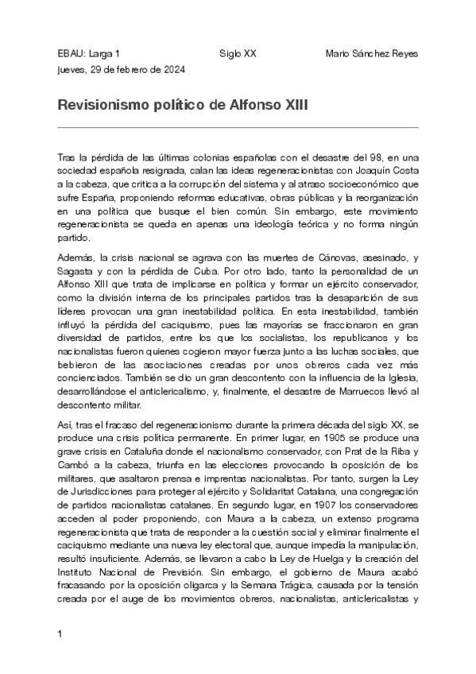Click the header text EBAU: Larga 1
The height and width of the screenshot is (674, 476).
pyautogui.click(x=89, y=53)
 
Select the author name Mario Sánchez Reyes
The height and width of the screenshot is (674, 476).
pyautogui.click(x=372, y=53)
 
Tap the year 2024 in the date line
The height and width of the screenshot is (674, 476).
pyautogui.click(x=174, y=69)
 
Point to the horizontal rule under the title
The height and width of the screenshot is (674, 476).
pyautogui.click(x=238, y=127)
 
